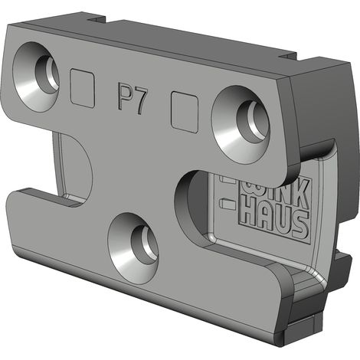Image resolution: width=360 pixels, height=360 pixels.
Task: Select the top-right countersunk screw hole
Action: [x=240, y=124]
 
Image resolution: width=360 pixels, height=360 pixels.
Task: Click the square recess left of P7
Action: [x=83, y=88]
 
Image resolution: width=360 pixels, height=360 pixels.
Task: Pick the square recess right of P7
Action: [x=185, y=112]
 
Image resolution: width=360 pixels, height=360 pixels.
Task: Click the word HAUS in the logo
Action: [x=275, y=221]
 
